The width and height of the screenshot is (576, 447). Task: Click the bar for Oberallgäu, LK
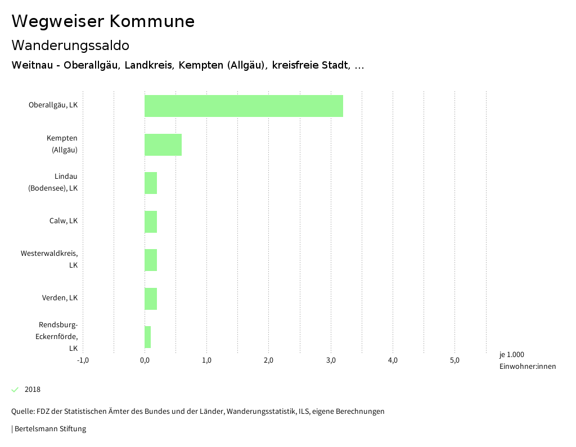pos(244,106)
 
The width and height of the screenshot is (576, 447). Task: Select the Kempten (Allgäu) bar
pos(163,145)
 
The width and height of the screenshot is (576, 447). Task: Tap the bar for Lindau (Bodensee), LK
pos(151,183)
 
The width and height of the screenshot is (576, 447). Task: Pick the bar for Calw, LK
pos(151,222)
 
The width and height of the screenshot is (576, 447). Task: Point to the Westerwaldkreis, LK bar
pos(151,260)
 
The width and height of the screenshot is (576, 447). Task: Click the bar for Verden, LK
pos(151,299)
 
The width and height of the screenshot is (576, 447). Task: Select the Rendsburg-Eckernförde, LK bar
pos(148,337)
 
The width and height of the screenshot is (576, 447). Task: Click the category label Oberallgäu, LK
pos(53,105)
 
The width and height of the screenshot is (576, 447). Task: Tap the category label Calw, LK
pos(63,220)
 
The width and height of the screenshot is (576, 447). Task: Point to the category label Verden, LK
pos(60,297)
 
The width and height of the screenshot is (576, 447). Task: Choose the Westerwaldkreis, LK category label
pos(49,259)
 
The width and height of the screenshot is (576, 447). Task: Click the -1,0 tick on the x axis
pos(83,360)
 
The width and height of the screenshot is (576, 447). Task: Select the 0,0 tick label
pos(145,360)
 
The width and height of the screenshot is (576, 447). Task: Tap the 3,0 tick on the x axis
pos(331,360)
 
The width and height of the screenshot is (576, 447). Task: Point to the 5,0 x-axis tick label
pos(455,360)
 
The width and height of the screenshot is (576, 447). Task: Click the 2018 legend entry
pos(32,390)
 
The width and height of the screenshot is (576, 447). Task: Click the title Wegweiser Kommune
pos(103,21)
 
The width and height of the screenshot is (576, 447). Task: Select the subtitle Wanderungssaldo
pos(70,45)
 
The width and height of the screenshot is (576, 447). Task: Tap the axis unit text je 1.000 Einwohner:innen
pos(527,360)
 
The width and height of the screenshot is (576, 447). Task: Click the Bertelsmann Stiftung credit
pos(49,429)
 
